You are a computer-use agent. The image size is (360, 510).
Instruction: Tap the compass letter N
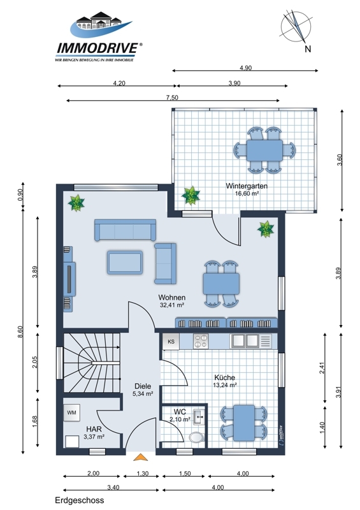tap(308, 49)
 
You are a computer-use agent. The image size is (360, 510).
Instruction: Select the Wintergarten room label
tap(247, 186)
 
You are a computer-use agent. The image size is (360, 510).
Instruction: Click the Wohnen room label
tap(172, 297)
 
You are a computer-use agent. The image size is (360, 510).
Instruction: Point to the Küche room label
tap(225, 377)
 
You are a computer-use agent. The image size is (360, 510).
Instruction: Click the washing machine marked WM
tap(71, 412)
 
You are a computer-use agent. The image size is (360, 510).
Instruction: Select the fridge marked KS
tap(171, 342)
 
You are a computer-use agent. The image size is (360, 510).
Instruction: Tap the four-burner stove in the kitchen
tap(201, 341)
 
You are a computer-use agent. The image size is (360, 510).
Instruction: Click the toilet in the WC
tap(197, 437)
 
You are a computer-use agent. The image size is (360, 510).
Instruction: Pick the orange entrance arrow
tap(140, 457)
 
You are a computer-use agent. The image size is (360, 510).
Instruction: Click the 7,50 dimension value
tap(172, 98)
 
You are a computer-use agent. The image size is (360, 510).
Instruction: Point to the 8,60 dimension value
tap(20, 331)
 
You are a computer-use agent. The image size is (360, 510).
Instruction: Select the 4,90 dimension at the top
tap(245, 68)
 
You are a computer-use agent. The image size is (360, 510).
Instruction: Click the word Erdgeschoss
tap(80, 500)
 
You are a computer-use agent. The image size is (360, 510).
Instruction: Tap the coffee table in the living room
tap(125, 263)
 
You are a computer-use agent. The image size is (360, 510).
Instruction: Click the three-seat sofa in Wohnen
tap(125, 230)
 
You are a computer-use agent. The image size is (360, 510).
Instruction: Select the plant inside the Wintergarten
tap(191, 196)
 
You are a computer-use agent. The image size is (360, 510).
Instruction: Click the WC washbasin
tap(199, 418)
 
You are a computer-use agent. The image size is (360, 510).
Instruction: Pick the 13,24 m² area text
tap(225, 385)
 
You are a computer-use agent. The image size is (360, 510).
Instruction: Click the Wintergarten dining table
tap(264, 150)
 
